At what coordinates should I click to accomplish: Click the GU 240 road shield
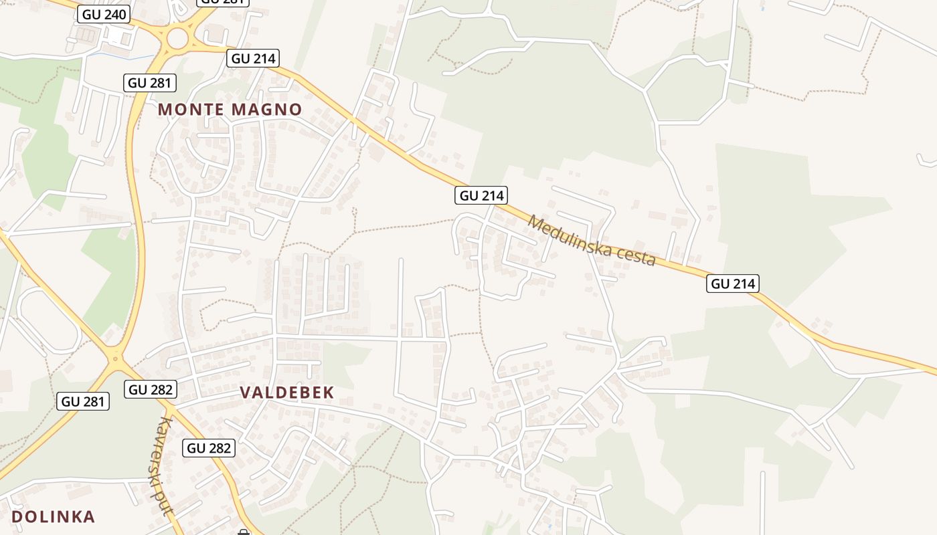point(103,14)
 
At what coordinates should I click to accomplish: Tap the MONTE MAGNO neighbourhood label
point(230,110)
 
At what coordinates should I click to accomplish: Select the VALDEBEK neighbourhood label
point(286,393)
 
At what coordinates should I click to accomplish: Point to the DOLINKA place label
point(53,516)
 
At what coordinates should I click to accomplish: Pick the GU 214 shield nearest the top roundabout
point(252,58)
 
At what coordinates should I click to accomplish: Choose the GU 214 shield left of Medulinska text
point(481,195)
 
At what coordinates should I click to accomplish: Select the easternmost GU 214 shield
point(732,284)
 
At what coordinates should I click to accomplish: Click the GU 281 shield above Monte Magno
point(150,83)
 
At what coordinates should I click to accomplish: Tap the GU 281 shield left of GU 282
point(83,401)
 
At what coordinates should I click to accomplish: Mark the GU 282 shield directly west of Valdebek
point(150,389)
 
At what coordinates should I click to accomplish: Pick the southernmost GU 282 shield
point(209,448)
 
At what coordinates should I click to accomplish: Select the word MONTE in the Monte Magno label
point(190,110)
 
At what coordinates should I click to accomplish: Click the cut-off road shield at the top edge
point(222,2)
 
